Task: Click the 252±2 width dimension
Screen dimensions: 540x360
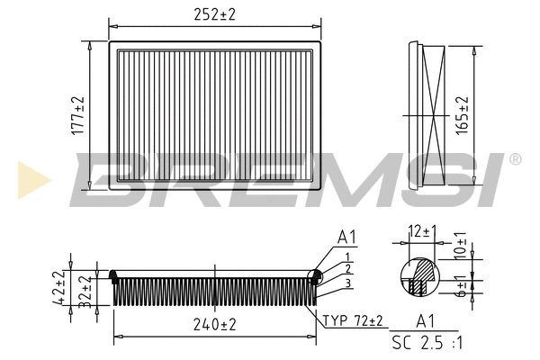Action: click(214, 14)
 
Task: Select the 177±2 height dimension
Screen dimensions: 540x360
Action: click(77, 115)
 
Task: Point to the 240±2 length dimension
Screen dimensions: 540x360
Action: click(214, 325)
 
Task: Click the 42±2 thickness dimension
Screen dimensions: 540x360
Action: click(58, 288)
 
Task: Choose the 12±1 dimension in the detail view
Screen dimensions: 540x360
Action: click(422, 231)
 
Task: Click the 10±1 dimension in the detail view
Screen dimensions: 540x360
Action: click(460, 246)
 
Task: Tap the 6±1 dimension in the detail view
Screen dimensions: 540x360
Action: click(460, 286)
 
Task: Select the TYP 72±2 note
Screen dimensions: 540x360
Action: click(353, 320)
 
